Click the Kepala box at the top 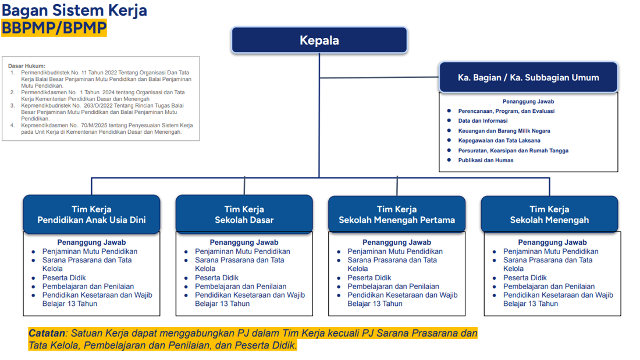click(x=319, y=40)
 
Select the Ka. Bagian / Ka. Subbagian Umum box click(x=528, y=77)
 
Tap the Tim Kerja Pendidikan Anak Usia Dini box click(x=91, y=214)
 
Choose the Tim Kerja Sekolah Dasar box click(x=244, y=214)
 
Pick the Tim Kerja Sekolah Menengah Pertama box click(x=396, y=214)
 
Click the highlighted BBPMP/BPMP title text click(x=54, y=27)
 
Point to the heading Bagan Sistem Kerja click(x=74, y=10)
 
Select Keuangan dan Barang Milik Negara click(x=504, y=131)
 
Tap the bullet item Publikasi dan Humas click(x=485, y=160)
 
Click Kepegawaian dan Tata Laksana click(x=499, y=140)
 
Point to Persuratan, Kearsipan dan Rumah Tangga click(x=513, y=150)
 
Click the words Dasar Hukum click(x=26, y=66)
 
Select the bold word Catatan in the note click(x=47, y=333)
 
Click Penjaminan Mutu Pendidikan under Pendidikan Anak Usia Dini click(x=90, y=251)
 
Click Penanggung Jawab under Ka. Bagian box click(x=528, y=101)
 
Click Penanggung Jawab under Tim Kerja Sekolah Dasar click(x=244, y=242)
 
